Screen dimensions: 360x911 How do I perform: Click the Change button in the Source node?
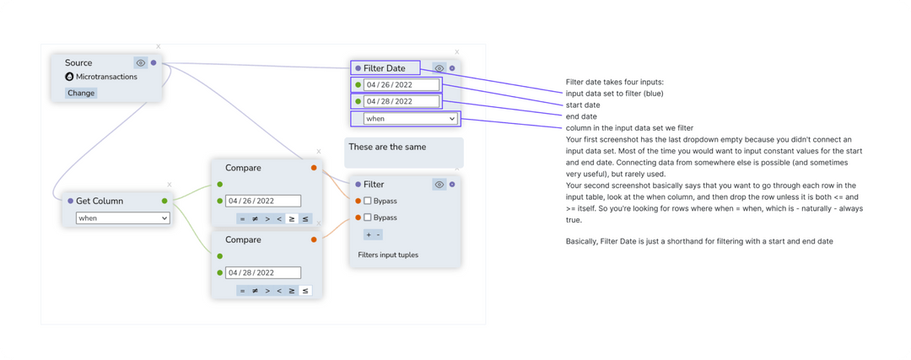(82, 93)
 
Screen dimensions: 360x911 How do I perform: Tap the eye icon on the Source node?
(141, 62)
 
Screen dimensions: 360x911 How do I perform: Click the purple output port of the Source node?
(153, 62)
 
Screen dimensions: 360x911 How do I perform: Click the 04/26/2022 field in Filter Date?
(402, 85)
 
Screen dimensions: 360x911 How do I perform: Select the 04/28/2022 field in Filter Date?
(402, 101)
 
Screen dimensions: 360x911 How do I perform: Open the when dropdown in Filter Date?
(411, 119)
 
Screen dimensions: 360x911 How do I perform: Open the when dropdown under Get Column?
(123, 218)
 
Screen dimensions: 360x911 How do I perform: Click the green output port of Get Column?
(164, 201)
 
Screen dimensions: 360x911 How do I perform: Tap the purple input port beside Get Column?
(70, 201)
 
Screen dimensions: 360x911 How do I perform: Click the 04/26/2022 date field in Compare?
(263, 201)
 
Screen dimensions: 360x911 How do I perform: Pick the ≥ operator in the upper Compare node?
(292, 218)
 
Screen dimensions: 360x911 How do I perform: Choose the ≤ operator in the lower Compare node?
(305, 291)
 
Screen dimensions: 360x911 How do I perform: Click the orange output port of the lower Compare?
(314, 239)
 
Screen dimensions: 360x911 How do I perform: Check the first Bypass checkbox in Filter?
(368, 201)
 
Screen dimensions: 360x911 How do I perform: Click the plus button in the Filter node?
(368, 234)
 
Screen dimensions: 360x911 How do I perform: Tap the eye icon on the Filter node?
(439, 184)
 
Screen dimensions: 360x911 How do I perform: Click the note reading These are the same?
(403, 152)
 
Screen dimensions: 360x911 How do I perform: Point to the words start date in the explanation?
(582, 105)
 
